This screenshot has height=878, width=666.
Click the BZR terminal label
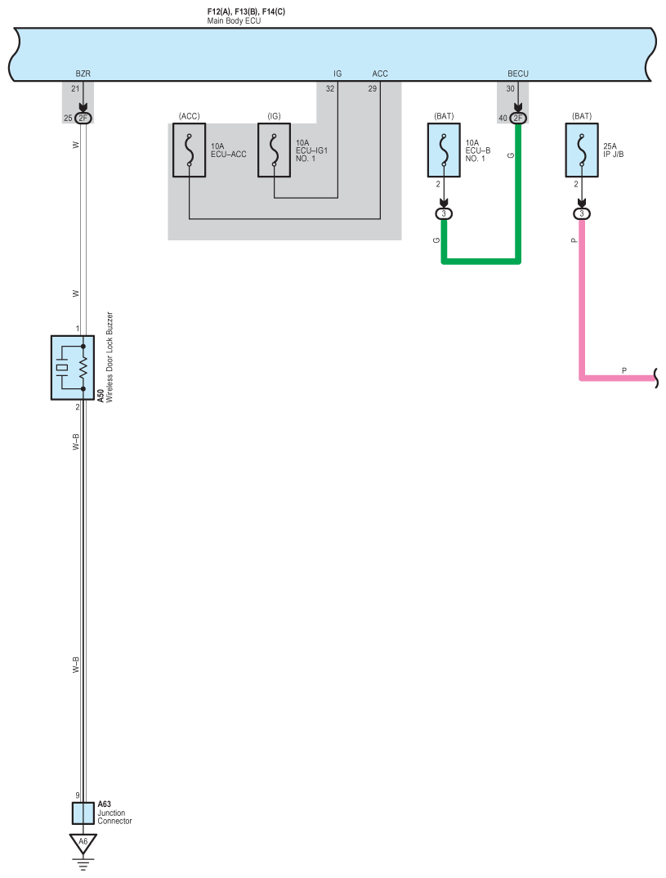[83, 74]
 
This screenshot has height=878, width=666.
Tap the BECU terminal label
[518, 74]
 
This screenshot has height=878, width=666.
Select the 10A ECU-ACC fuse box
[189, 150]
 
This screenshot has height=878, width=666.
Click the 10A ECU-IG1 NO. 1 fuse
[275, 150]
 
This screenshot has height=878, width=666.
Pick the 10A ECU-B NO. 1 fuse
[444, 150]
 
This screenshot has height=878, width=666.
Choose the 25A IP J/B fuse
[582, 150]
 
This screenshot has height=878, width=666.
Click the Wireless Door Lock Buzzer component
[72, 367]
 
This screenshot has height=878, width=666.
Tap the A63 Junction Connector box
[83, 813]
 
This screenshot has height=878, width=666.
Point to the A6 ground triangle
[83, 844]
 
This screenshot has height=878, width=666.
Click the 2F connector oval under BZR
[83, 119]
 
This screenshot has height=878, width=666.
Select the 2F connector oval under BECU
[518, 119]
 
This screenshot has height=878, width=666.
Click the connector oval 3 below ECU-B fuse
[444, 214]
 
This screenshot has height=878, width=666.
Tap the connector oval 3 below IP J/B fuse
[582, 214]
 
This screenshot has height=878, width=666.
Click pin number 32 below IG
[330, 88]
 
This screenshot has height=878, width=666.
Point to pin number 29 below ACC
[372, 88]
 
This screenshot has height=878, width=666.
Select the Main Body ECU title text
[234, 20]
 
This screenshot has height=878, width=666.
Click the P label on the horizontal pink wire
[624, 370]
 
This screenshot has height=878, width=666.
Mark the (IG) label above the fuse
[275, 116]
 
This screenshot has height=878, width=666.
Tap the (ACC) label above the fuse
[189, 116]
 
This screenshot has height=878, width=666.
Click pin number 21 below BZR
[75, 88]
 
